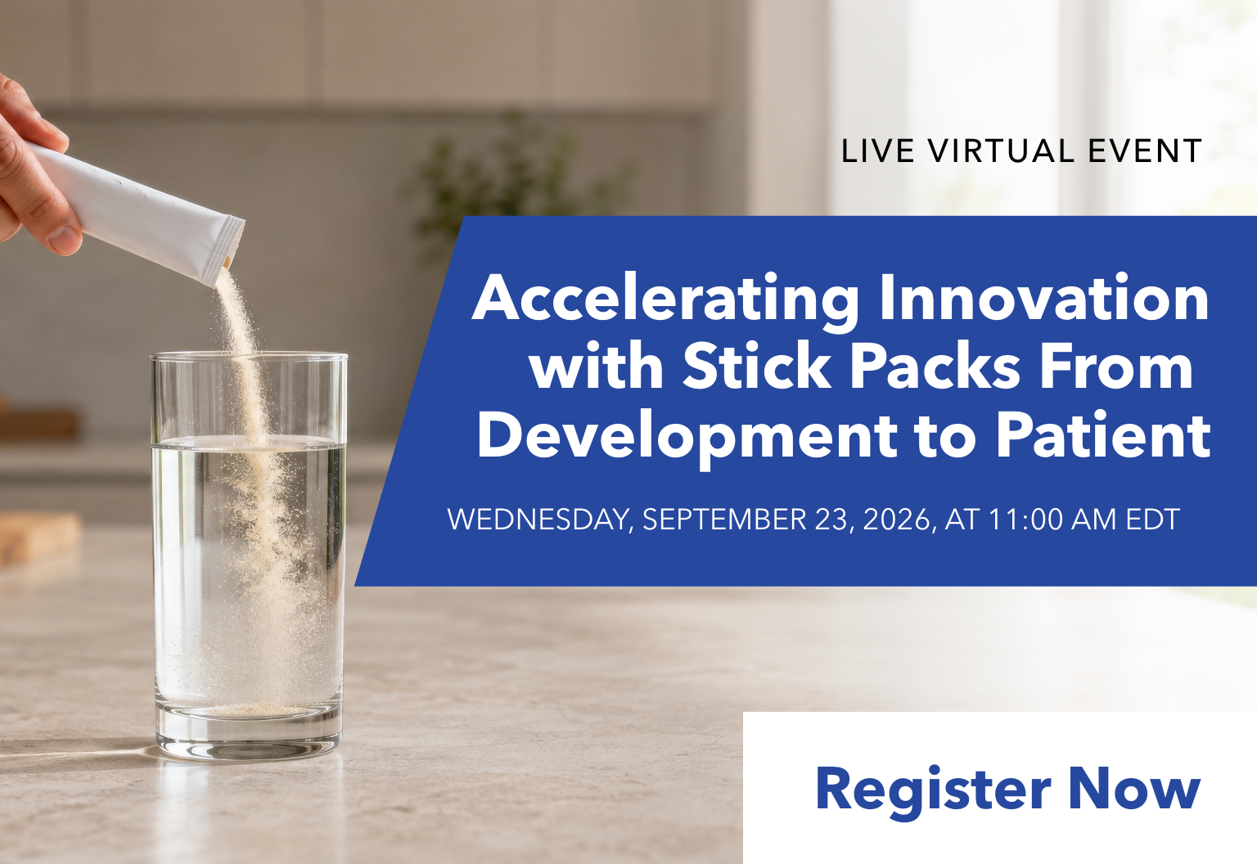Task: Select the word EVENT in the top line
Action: coord(1145,151)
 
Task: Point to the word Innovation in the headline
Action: coord(1044,297)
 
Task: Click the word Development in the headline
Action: coord(687,438)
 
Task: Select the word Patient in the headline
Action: coord(1103,435)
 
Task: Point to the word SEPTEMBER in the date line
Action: coord(724,519)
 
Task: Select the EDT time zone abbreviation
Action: coord(1152,519)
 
